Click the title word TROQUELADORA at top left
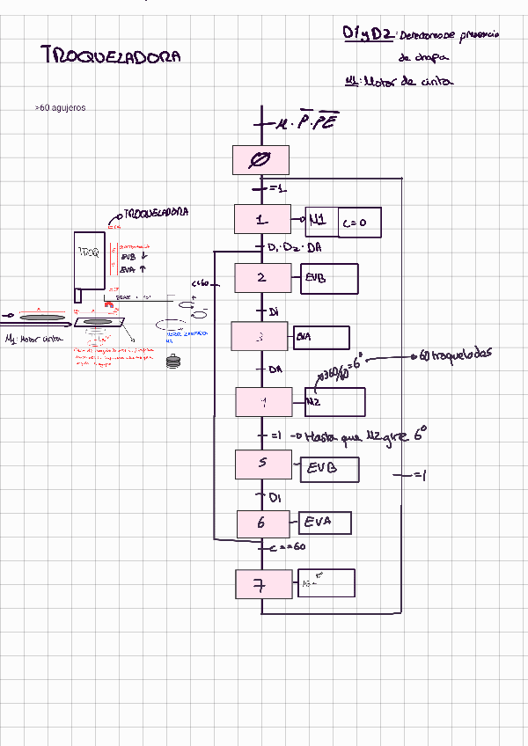(111, 56)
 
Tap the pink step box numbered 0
(261, 160)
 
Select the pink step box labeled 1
(261, 219)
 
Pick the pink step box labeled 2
(262, 277)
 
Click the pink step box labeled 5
(262, 464)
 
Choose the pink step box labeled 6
(262, 523)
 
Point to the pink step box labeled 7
(262, 583)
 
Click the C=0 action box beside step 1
(360, 223)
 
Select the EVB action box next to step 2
(329, 278)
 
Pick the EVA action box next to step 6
(326, 523)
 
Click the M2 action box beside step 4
(334, 402)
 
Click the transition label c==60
(288, 547)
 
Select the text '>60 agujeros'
(61, 108)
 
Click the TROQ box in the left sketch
(90, 259)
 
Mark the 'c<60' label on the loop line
(201, 283)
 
